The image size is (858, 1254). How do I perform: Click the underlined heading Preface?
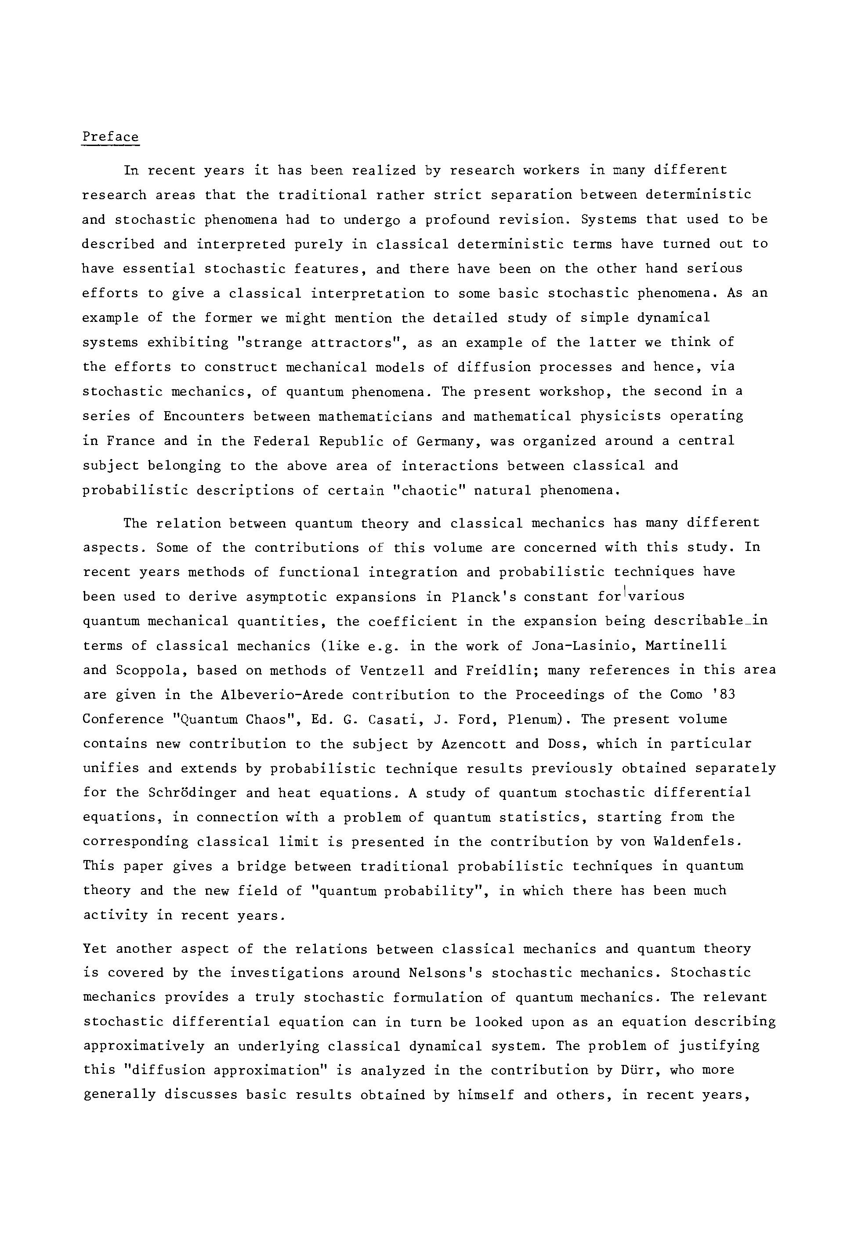click(110, 137)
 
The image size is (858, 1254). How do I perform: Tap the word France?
click(130, 441)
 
